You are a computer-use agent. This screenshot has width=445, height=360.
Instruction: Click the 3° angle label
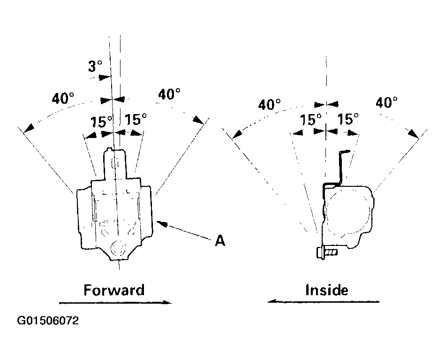(95, 66)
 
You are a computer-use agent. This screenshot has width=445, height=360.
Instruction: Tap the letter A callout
(220, 241)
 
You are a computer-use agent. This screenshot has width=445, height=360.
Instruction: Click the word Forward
(114, 290)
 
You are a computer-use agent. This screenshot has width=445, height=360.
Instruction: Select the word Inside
(327, 290)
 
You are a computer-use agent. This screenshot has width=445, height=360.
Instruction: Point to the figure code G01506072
(48, 321)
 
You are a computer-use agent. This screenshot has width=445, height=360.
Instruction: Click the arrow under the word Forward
(115, 303)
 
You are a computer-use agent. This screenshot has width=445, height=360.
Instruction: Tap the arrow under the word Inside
(323, 301)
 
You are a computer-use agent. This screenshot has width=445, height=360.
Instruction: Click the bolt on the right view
(327, 253)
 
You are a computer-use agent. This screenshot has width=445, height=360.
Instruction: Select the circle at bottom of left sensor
(118, 248)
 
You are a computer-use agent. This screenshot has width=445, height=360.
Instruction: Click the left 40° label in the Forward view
(63, 98)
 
